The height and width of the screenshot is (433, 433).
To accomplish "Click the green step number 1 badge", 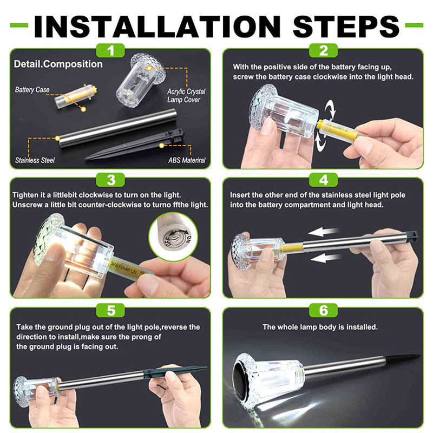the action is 110,50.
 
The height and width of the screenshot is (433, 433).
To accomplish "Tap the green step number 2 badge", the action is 323,50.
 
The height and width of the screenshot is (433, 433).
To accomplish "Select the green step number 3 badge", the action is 110,180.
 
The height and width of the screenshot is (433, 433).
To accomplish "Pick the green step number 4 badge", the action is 323,180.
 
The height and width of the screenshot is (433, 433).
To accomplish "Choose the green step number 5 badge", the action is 110,310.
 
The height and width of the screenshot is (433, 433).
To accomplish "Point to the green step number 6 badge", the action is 323,310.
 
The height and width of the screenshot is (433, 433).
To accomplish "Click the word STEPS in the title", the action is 346,27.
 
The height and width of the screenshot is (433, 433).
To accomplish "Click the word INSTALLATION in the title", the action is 158,27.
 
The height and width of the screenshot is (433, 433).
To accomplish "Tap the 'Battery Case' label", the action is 32,90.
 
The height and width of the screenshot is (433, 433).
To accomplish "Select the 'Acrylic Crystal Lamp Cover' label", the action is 186,96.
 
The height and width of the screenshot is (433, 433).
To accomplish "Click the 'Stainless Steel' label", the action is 35,160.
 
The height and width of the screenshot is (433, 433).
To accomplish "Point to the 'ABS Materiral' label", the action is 187,160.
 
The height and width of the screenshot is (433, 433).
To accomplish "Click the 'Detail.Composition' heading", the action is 58,64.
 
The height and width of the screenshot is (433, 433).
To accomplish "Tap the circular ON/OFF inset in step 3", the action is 173,236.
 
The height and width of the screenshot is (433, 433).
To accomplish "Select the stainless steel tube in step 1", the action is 118,128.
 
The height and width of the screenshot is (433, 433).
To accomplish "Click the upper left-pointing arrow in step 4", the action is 323,232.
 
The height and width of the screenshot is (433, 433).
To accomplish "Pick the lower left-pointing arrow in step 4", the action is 326,258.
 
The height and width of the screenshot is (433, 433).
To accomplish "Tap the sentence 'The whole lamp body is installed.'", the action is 320,327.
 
